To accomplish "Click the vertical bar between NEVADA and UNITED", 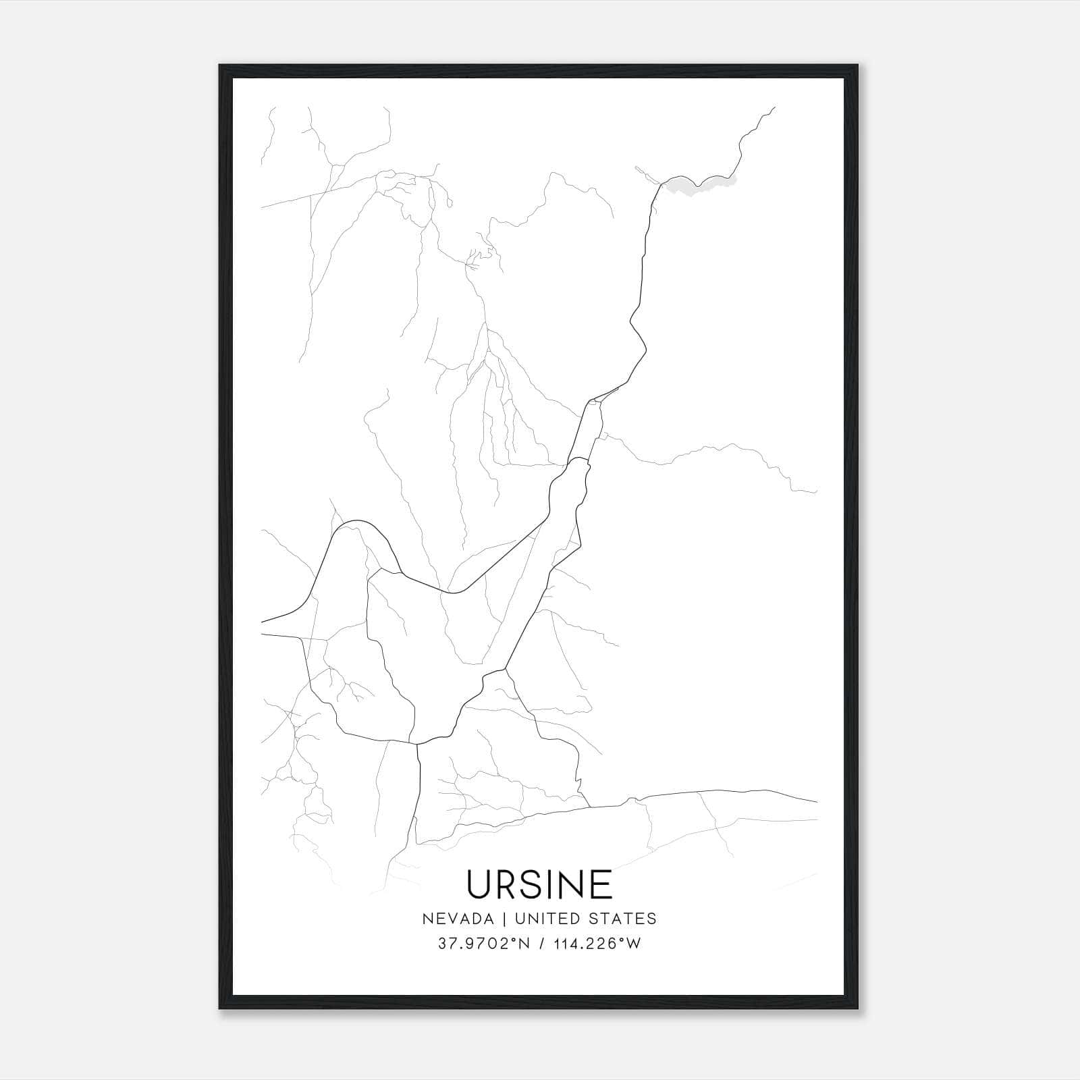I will point(513,918).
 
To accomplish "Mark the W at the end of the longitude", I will point(633,944).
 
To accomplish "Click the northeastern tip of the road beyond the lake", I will point(774,107).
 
